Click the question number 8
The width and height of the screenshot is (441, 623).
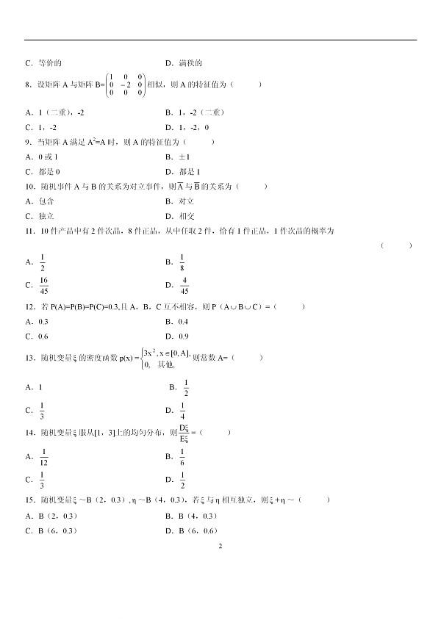pyautogui.click(x=27, y=84)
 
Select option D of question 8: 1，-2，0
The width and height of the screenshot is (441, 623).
pyautogui.click(x=194, y=126)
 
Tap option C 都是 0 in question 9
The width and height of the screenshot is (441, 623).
pyautogui.click(x=45, y=172)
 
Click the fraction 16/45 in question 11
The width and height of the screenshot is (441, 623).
pyautogui.click(x=44, y=285)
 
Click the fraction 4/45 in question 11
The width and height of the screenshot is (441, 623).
pyautogui.click(x=184, y=285)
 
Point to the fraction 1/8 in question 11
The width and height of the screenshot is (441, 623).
pyautogui.click(x=182, y=262)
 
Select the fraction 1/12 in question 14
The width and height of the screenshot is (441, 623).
pyautogui.click(x=44, y=456)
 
